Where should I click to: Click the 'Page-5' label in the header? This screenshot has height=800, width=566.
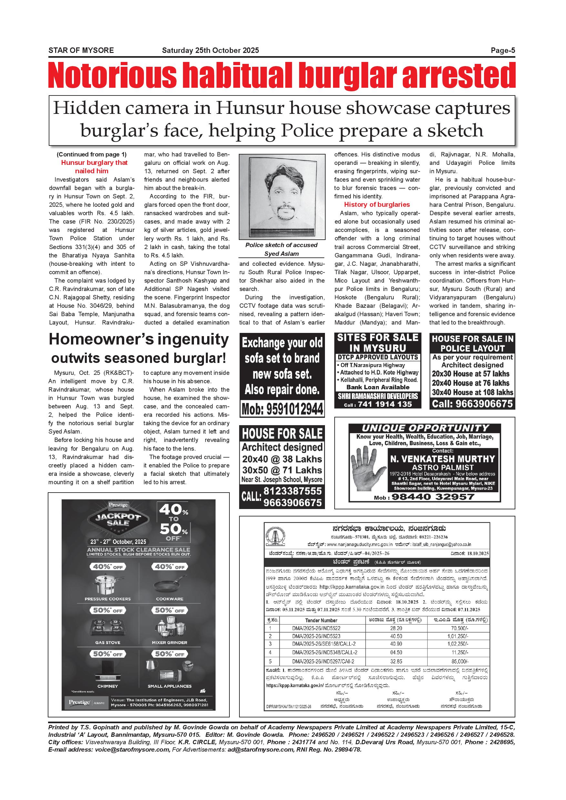502,51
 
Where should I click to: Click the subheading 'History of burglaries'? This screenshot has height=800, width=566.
377,205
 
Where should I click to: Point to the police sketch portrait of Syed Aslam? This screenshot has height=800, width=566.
282,197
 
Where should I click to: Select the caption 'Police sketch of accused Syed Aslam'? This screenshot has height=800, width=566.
281,249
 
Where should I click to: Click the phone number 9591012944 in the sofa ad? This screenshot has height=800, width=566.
282,409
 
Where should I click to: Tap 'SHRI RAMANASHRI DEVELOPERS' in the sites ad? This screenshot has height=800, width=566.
378,396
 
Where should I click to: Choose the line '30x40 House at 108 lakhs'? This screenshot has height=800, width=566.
472,392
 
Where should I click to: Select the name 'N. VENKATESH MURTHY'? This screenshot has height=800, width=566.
443,459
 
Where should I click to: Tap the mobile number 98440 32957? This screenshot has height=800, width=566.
432,497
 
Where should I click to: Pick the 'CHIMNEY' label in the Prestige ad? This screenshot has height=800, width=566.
107,686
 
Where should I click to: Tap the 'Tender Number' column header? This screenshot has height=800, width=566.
321,620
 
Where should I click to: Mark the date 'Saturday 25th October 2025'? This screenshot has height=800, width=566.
210,51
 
